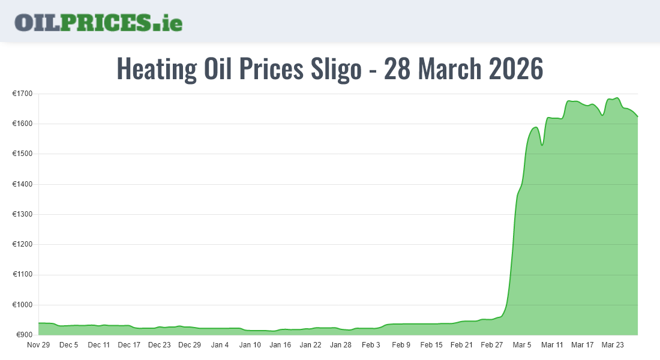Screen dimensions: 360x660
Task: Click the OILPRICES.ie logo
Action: [x=98, y=22]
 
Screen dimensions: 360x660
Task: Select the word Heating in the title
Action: [x=156, y=69]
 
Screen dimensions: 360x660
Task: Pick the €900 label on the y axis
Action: [x=24, y=335]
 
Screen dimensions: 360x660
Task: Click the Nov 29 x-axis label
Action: [x=38, y=345]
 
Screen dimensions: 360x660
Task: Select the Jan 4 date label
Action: [x=220, y=345]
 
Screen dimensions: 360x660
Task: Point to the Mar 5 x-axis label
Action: [x=522, y=345]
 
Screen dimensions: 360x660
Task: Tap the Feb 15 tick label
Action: [x=431, y=345]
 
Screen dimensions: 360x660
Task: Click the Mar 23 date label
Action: [x=613, y=345]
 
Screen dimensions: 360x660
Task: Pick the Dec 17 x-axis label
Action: [x=129, y=345]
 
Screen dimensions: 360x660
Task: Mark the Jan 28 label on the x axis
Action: [x=341, y=345]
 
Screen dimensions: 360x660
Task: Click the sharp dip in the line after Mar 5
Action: [x=542, y=145]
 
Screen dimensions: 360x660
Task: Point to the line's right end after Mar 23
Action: [x=637, y=116]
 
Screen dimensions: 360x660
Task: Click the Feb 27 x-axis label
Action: [x=492, y=345]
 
